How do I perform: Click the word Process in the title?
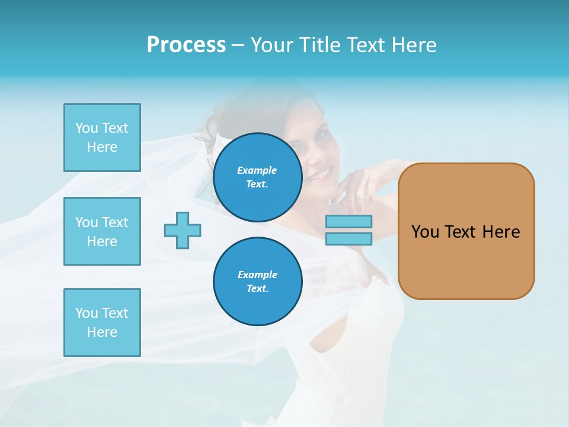tap(186, 45)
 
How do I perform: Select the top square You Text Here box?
tap(102, 138)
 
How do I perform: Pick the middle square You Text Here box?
tap(102, 231)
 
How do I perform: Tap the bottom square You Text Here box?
tap(102, 322)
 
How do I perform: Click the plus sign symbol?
tap(183, 230)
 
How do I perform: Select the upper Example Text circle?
tap(257, 177)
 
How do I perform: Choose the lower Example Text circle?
tap(257, 282)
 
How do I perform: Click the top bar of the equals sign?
tap(349, 222)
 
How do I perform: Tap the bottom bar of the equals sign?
tap(349, 238)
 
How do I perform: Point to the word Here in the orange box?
tap(501, 232)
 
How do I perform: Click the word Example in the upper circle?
tap(257, 170)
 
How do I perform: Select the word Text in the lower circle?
tap(257, 289)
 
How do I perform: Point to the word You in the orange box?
tap(425, 232)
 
